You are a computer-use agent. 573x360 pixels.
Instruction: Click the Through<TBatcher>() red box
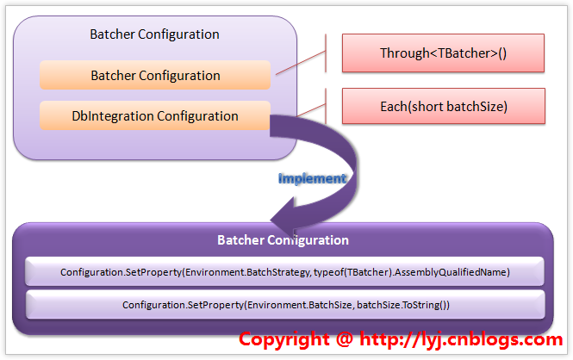click(443, 53)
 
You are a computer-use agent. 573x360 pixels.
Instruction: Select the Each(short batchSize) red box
click(443, 107)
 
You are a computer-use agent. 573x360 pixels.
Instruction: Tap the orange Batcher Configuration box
click(155, 76)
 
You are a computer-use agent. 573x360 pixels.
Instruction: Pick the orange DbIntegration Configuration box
click(155, 115)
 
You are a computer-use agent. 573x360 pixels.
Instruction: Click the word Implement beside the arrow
click(311, 178)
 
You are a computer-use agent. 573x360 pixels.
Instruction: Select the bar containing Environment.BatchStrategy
click(285, 272)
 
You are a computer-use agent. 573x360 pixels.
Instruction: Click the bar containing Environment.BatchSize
click(285, 305)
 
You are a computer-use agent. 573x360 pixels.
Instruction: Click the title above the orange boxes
click(155, 34)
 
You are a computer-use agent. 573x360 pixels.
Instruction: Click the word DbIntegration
click(108, 115)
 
